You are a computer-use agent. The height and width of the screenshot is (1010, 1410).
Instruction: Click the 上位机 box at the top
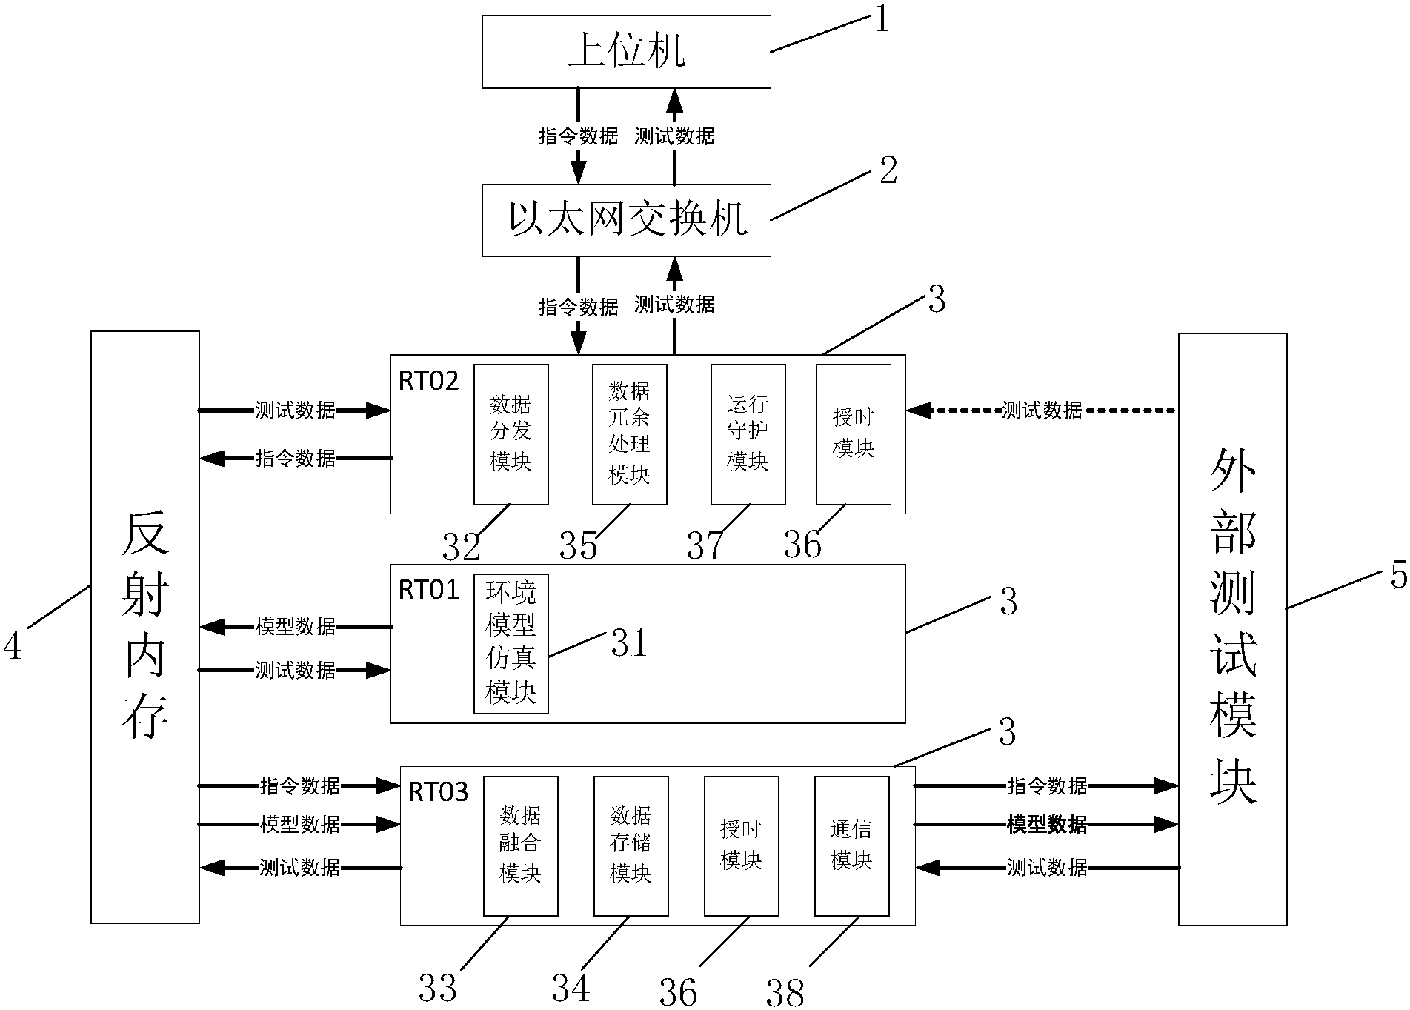pyautogui.click(x=626, y=52)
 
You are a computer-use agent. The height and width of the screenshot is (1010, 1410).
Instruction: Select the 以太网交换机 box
pyautogui.click(x=626, y=220)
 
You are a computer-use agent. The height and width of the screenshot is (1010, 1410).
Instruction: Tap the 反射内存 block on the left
pyautogui.click(x=145, y=627)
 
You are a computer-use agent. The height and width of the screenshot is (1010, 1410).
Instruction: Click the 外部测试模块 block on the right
pyautogui.click(x=1232, y=629)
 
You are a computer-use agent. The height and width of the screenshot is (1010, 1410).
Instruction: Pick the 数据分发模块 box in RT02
pyautogui.click(x=511, y=434)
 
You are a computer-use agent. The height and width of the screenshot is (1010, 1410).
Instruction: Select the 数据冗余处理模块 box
pyautogui.click(x=630, y=434)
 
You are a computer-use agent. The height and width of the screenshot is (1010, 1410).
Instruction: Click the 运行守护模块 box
pyautogui.click(x=748, y=434)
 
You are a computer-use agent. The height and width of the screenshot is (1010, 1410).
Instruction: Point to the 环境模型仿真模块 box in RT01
pyautogui.click(x=511, y=643)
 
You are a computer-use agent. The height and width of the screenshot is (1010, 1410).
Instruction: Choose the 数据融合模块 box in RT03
pyautogui.click(x=520, y=845)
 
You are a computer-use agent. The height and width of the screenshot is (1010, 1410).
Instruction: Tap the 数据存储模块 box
pyautogui.click(x=631, y=845)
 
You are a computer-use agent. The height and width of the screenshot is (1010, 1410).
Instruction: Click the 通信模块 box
pyautogui.click(x=851, y=845)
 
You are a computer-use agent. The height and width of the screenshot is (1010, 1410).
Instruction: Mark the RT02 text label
pyautogui.click(x=429, y=381)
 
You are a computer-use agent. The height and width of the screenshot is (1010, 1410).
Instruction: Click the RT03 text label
pyautogui.click(x=438, y=792)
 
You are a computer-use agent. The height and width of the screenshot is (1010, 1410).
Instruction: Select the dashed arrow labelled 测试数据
pyautogui.click(x=1042, y=410)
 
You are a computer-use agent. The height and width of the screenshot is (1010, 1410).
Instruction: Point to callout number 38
pyautogui.click(x=785, y=991)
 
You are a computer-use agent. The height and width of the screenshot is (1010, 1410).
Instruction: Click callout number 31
pyautogui.click(x=629, y=643)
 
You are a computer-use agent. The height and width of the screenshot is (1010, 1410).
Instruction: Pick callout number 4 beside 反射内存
pyautogui.click(x=13, y=646)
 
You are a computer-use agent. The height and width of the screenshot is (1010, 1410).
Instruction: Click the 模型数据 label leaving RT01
pyautogui.click(x=296, y=627)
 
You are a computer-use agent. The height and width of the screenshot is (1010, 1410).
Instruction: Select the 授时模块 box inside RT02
pyautogui.click(x=854, y=434)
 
